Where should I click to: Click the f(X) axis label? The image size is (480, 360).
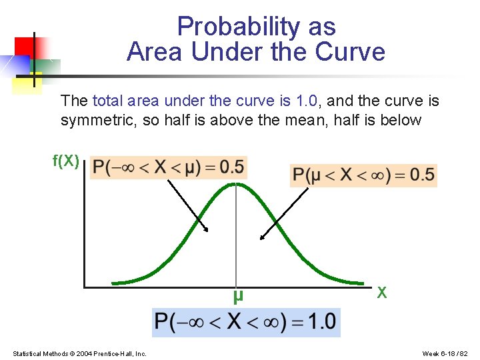[x=66, y=161]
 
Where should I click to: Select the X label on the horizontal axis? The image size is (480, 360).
[x=382, y=292]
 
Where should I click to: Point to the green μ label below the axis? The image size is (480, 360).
[x=238, y=295]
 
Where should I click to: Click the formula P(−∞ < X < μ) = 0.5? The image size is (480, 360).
[x=169, y=167]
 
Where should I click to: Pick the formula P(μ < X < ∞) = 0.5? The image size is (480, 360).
[x=363, y=175]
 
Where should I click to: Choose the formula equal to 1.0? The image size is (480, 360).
[x=245, y=322]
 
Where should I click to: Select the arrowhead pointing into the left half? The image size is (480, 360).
[x=207, y=229]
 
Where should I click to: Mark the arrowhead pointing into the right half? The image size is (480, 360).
[x=262, y=237]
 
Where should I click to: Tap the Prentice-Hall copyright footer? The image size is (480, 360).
[x=80, y=353]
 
